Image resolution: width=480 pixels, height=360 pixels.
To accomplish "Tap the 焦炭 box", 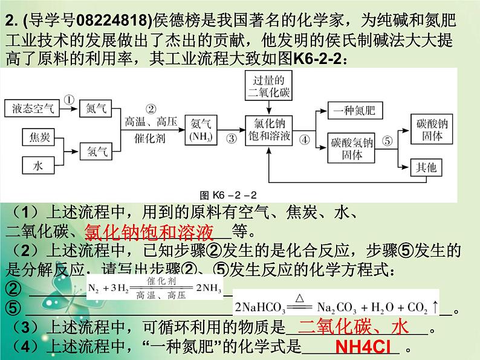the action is pos(39,137).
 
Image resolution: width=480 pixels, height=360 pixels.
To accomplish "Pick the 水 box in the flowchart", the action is pos(39,164).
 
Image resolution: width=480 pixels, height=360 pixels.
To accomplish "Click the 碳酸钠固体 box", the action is pos(430,128).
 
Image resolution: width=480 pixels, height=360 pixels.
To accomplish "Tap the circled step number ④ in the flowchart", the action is pos(305,138).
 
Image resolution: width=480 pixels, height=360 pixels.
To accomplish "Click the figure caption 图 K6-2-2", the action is pos(229,195).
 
